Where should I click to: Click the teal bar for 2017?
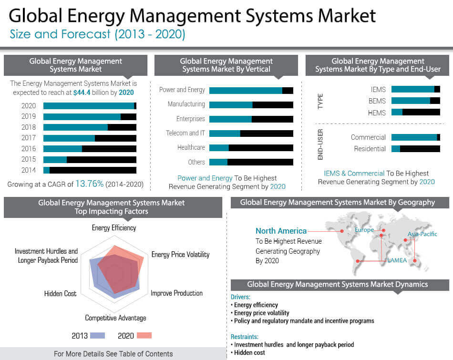click(x=69, y=138)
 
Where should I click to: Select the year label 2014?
click(x=29, y=170)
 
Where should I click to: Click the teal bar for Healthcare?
click(x=219, y=148)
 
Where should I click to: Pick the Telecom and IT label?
click(x=185, y=133)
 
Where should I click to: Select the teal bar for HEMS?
click(x=397, y=113)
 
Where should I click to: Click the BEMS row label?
click(x=377, y=101)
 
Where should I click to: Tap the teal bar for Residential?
click(x=395, y=149)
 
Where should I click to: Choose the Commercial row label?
click(x=368, y=137)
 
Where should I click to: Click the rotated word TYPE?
click(x=320, y=101)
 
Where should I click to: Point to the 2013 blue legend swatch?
click(x=97, y=336)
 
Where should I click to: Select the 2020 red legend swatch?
click(x=144, y=336)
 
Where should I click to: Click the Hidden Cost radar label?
click(x=60, y=294)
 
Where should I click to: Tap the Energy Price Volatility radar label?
click(x=180, y=255)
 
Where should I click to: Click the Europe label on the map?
click(x=364, y=230)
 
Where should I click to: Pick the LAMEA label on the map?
click(x=397, y=260)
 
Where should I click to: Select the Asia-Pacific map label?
click(x=422, y=234)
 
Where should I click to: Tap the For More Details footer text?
click(x=113, y=354)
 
